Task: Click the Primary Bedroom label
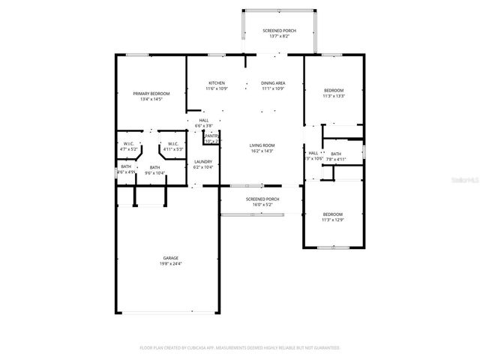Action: point(151,93)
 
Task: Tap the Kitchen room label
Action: point(217,82)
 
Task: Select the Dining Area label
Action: point(273,82)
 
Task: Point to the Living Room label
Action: point(262,145)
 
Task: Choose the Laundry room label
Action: point(203,161)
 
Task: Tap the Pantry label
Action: point(211,136)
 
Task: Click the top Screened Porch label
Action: point(279,30)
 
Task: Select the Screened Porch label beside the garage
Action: point(262,198)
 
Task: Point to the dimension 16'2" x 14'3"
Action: point(262,151)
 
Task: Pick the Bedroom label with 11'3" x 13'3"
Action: point(333,90)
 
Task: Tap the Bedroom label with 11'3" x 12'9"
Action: point(333,214)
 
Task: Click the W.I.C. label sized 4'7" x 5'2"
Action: point(128,143)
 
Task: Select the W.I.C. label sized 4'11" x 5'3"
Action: point(172,143)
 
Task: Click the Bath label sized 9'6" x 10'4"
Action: point(154,167)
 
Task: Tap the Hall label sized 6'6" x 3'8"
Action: point(203,120)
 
